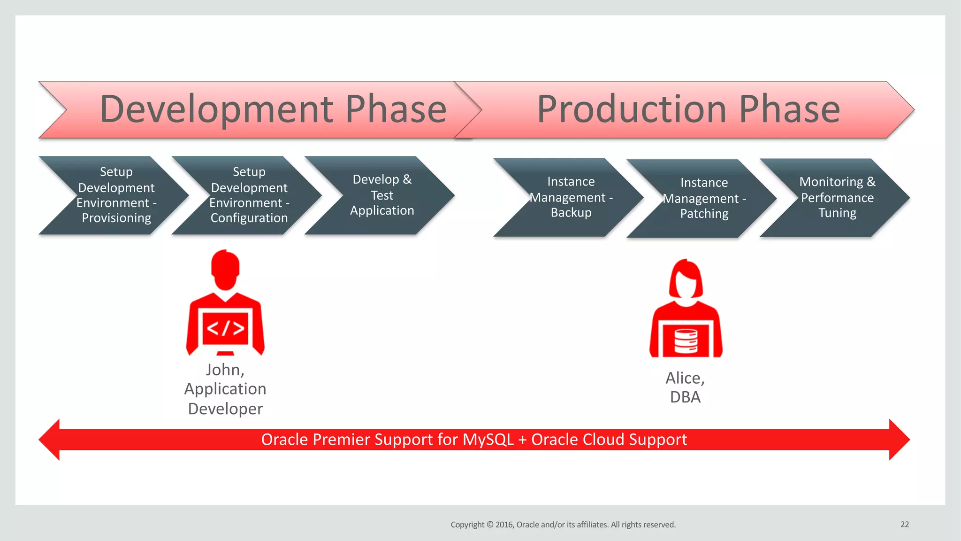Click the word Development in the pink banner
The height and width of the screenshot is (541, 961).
pos(217,109)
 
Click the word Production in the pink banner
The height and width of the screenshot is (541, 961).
pos(632,109)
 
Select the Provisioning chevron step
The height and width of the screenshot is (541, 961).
pos(116,195)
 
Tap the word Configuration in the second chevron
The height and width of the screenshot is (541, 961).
pos(249,218)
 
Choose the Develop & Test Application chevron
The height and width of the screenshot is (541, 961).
pos(381,195)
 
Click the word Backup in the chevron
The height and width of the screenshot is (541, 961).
pos(571,213)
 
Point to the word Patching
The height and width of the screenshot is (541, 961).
pos(704,214)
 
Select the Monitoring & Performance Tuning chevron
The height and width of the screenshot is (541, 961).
pos(837,198)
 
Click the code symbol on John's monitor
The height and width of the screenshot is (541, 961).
pos(225,328)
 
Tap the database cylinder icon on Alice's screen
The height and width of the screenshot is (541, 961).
pos(686,340)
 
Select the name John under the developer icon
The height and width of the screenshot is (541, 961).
pos(224,370)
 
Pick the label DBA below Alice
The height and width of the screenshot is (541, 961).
pos(685,397)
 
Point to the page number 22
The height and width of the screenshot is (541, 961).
pos(904,525)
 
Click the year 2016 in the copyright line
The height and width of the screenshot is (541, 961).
pos(504,525)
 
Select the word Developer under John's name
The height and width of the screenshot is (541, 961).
pos(225,409)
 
